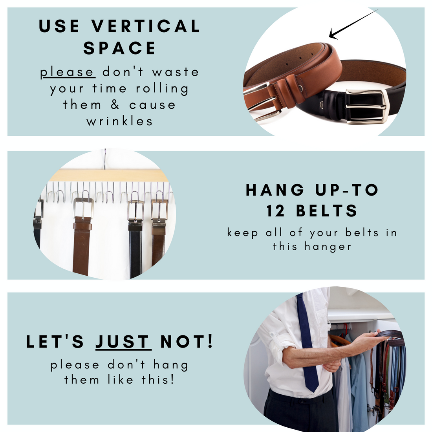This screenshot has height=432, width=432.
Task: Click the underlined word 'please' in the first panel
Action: pos(68,73)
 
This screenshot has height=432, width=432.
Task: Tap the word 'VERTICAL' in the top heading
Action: pos(146,26)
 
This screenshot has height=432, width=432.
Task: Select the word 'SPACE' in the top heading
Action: pos(119,48)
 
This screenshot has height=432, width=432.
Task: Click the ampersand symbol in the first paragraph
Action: pos(115,105)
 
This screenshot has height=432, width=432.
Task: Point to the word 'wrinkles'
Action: pos(119,121)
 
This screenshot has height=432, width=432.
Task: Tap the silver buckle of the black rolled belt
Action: pos(366,106)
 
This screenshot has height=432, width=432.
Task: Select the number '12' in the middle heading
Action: pos(276,211)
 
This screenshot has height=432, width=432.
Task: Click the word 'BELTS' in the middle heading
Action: pos(327,211)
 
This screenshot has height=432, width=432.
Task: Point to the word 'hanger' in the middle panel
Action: pos(328,247)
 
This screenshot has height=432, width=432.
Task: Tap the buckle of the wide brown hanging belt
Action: pos(83,208)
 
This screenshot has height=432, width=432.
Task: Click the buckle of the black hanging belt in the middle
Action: pos(135,211)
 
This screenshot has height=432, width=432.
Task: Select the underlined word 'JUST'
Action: pos(123,342)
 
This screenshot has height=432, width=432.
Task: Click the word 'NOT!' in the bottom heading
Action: pos(187,342)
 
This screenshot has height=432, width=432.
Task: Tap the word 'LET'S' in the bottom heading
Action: pos(55,342)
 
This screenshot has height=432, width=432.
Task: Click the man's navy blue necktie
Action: pos(307,342)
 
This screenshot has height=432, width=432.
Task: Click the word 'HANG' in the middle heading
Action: pos(275,190)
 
